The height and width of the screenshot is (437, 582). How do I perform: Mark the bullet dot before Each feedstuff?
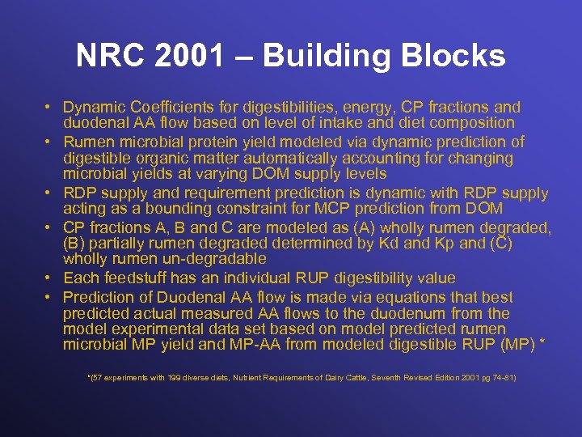[49, 278]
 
